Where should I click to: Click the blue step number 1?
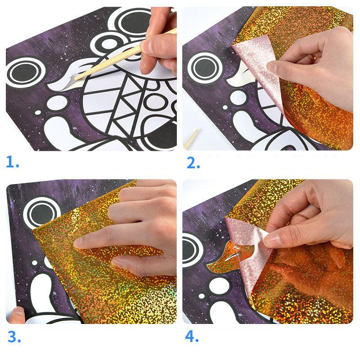pyautogui.click(x=13, y=162)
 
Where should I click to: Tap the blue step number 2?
pyautogui.click(x=193, y=163)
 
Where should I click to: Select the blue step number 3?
pyautogui.click(x=14, y=337)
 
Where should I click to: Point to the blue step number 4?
pyautogui.click(x=192, y=336)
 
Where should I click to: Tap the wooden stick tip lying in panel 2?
pyautogui.click(x=191, y=139)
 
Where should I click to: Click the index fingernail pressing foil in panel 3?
pyautogui.click(x=79, y=243)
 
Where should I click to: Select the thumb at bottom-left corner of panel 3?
pyautogui.click(x=16, y=315)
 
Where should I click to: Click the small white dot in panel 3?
pyautogui.click(x=35, y=263)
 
